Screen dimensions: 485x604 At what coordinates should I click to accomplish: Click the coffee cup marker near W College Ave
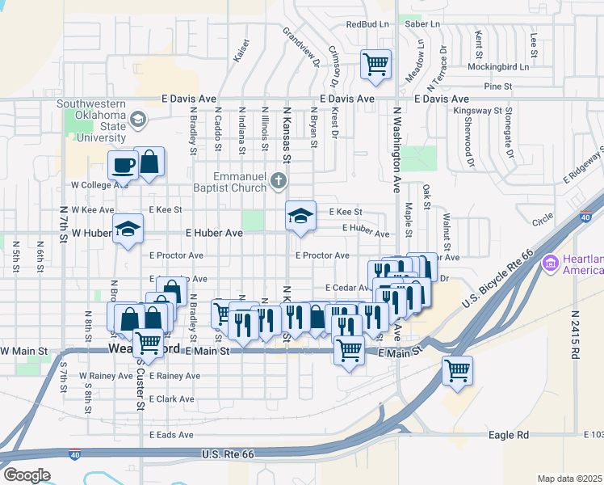click(124, 165)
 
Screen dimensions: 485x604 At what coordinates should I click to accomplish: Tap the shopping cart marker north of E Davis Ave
click(375, 64)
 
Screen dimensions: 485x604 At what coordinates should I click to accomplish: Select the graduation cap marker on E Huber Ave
click(300, 217)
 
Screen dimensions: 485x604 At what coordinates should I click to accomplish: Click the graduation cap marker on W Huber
click(128, 230)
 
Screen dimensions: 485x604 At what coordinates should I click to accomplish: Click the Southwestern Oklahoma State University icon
click(138, 120)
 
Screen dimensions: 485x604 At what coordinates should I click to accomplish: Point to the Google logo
click(27, 474)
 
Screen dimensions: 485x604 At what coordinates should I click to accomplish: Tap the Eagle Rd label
click(509, 436)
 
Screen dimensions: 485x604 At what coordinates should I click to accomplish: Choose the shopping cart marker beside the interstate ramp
click(458, 371)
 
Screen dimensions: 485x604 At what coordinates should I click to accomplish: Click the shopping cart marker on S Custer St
click(149, 344)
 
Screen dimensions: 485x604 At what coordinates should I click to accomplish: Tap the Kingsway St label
click(478, 110)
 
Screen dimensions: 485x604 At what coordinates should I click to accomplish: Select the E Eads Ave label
click(171, 435)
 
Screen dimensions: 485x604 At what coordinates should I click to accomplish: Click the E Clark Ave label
click(172, 399)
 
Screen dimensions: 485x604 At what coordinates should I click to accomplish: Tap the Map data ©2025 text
click(569, 478)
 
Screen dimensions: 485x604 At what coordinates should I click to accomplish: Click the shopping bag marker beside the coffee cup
click(149, 162)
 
